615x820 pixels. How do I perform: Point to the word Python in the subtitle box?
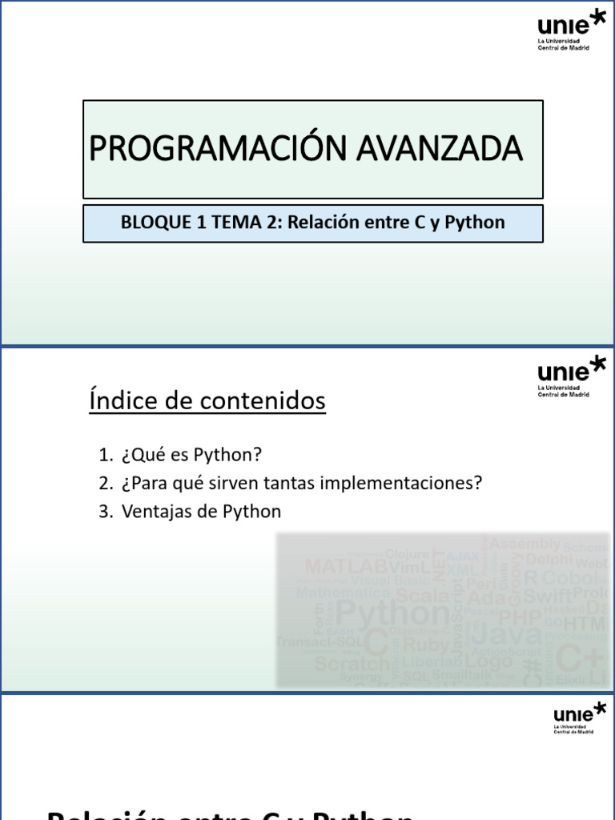click(477, 223)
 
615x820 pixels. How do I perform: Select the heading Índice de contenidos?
click(207, 400)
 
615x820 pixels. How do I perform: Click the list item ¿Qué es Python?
click(191, 455)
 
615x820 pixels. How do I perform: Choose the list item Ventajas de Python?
click(201, 511)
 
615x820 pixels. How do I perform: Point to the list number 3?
click(105, 511)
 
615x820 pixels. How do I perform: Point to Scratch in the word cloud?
click(351, 663)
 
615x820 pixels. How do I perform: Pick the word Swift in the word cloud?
click(548, 597)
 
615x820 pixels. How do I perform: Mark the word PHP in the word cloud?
click(521, 617)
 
